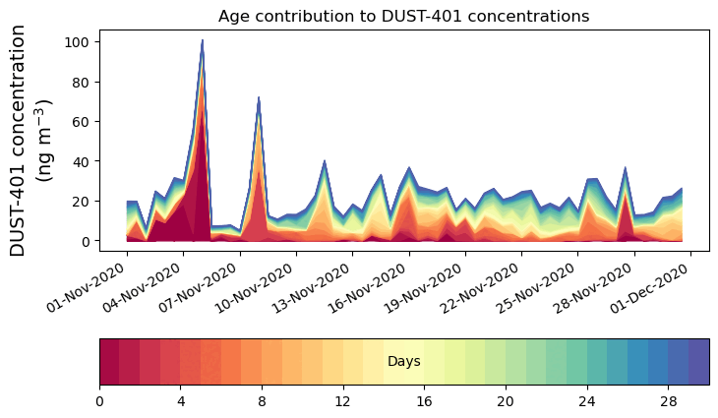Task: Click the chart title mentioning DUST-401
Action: (403, 16)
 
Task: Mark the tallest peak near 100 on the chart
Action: (202, 41)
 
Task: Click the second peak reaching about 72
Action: (258, 97)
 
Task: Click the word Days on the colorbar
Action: (404, 362)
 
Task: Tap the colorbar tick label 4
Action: (181, 401)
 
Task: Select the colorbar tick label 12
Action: (343, 401)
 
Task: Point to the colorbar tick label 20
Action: (506, 401)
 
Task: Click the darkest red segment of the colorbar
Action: (109, 362)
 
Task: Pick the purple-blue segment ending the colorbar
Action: (698, 362)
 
